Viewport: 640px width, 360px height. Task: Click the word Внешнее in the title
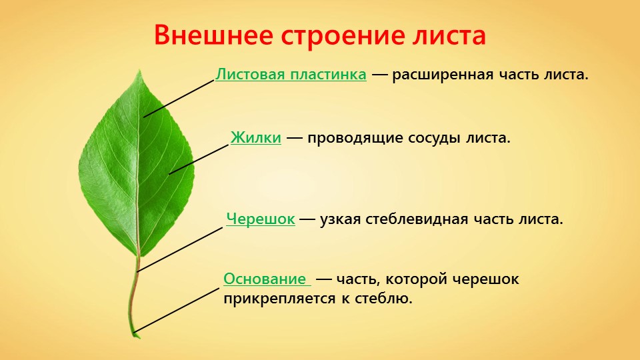tap(213, 35)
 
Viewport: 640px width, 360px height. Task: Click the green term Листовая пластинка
tap(291, 75)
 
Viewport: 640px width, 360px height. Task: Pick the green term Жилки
tap(256, 137)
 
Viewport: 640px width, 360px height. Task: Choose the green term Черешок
tap(261, 219)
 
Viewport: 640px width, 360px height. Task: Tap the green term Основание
tap(265, 279)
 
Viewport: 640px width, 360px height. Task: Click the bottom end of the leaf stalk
tap(135, 336)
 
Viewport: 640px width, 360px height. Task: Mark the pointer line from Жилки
tap(199, 159)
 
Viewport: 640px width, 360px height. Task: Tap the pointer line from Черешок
tap(179, 250)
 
